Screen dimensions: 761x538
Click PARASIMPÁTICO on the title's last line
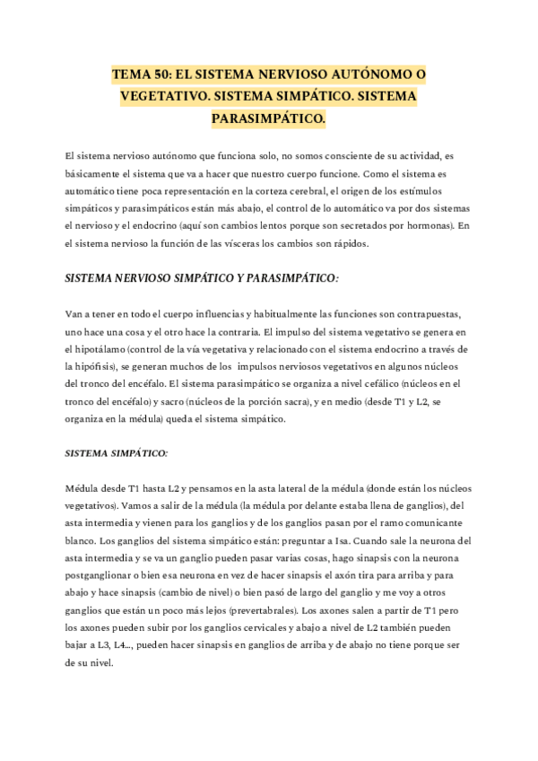(268, 118)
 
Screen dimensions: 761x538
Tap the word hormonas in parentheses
(429, 225)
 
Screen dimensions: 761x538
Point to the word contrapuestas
(426, 315)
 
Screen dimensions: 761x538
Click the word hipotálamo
(97, 349)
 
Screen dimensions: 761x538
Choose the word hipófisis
(93, 366)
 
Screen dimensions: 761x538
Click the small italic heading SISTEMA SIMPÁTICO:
(117, 454)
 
